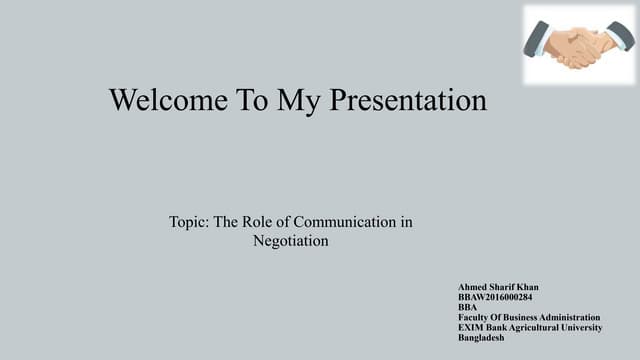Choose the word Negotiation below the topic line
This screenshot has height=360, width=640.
point(291,241)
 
